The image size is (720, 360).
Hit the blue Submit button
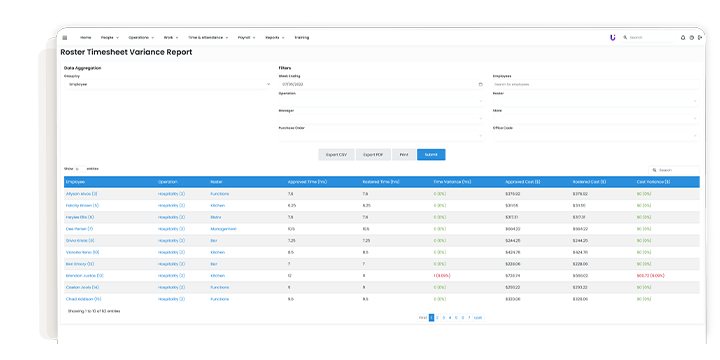[x=431, y=154]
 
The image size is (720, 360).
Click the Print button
[x=403, y=154]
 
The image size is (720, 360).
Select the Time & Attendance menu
[x=207, y=37]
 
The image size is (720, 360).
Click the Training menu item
[x=302, y=37]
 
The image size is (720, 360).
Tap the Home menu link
[x=86, y=37]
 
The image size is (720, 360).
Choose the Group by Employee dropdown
[x=167, y=84]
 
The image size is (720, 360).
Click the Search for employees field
[x=596, y=84]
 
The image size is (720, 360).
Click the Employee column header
[x=76, y=181]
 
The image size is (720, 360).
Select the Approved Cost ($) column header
[x=521, y=181]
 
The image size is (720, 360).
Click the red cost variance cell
[x=651, y=275]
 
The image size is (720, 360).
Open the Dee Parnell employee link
[x=80, y=228]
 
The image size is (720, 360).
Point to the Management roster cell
[x=224, y=228]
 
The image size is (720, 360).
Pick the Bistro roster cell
[x=216, y=216]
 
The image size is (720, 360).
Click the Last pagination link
[x=478, y=317]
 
